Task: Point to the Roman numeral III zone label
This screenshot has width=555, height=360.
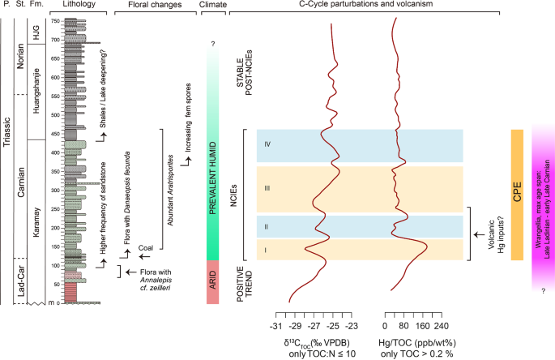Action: (x=266, y=188)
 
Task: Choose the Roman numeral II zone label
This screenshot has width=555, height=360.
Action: (x=266, y=228)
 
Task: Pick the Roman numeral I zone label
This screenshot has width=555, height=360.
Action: (x=266, y=251)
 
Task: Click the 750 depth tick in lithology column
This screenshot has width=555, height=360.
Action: (x=54, y=21)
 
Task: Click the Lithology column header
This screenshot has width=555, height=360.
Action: (x=79, y=6)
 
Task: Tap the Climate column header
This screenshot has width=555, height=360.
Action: (x=212, y=6)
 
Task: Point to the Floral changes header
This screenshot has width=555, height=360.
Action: (x=154, y=6)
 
